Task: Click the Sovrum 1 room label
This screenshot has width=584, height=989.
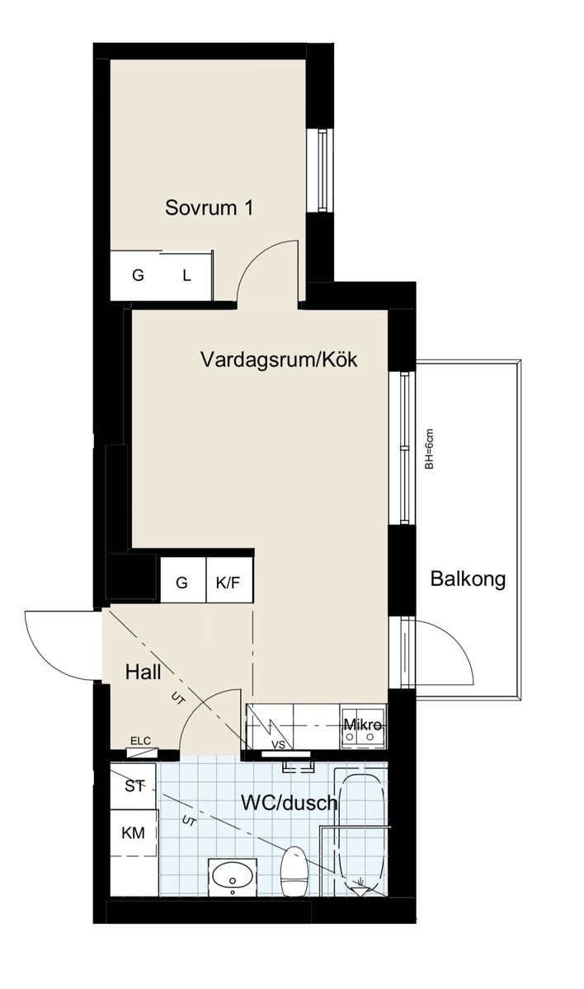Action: (x=209, y=208)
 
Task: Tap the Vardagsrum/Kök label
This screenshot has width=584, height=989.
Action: (x=279, y=359)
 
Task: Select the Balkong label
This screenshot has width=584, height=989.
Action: (x=468, y=579)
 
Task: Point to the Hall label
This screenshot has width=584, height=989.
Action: (x=143, y=673)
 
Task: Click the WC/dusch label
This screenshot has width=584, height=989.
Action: (x=290, y=802)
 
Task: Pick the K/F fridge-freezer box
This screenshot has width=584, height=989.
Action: (x=229, y=580)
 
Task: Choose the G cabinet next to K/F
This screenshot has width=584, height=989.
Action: (x=183, y=580)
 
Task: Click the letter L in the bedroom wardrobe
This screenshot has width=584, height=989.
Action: (x=187, y=276)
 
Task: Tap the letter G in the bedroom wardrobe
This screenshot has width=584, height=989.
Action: (x=138, y=276)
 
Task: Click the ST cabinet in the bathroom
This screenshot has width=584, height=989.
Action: (x=133, y=786)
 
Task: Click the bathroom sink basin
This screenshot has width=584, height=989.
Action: (x=233, y=874)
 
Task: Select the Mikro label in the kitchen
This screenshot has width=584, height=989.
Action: (x=362, y=724)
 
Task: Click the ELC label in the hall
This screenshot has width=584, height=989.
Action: (x=140, y=740)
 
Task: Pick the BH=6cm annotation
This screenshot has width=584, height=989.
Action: (x=428, y=449)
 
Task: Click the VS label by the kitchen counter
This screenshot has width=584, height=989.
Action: (x=278, y=745)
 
